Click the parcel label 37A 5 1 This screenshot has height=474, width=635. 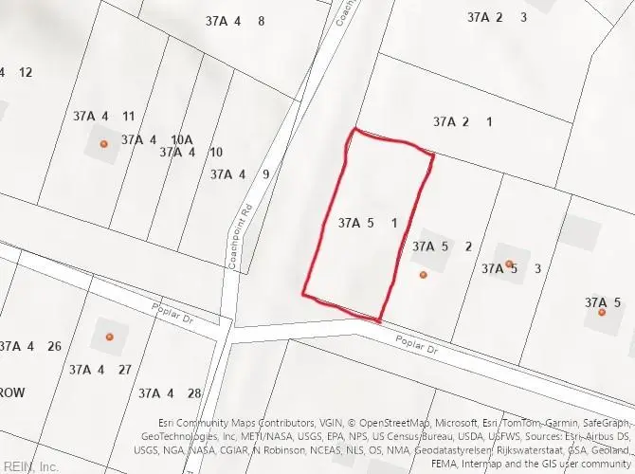(x=367, y=224)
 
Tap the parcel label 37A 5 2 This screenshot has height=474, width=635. (x=442, y=246)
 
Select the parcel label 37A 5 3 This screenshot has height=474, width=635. (x=511, y=269)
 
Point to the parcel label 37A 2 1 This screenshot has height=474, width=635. (x=463, y=121)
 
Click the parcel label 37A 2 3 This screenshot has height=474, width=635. (x=498, y=17)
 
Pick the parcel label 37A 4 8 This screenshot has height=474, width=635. (x=234, y=21)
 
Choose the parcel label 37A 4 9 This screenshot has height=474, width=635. (x=240, y=173)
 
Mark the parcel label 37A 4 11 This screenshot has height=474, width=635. (x=103, y=117)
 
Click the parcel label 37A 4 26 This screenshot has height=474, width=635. (x=31, y=346)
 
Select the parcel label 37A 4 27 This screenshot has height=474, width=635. (x=100, y=370)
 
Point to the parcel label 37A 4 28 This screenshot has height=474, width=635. (x=170, y=392)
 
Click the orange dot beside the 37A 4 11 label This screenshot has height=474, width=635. (x=104, y=144)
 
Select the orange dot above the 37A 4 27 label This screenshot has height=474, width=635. (x=109, y=337)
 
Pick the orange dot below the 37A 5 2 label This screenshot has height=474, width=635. (x=424, y=275)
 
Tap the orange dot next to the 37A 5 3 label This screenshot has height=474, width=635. (x=509, y=264)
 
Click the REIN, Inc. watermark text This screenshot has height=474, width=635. (x=30, y=466)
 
